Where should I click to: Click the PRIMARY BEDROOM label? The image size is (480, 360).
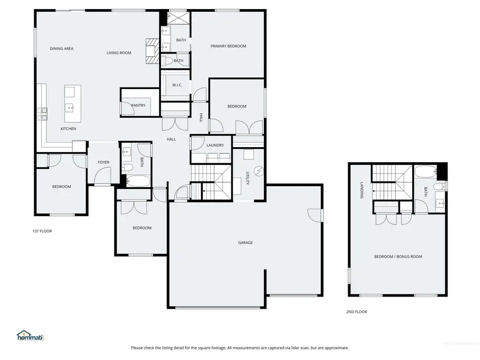[x=228, y=46]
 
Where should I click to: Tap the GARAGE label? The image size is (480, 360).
[x=245, y=243]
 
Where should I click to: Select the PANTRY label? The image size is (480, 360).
[x=138, y=106]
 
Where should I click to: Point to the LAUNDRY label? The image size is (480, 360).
[x=207, y=145]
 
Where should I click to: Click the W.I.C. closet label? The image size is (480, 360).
[x=177, y=85]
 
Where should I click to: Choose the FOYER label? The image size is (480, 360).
[x=103, y=162]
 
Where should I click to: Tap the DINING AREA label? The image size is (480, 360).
[x=61, y=49]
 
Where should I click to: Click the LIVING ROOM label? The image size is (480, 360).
[x=118, y=53]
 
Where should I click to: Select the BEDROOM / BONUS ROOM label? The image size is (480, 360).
[x=398, y=257]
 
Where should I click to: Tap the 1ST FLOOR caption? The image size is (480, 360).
[x=42, y=231]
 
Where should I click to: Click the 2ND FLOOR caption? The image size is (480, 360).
[x=357, y=312]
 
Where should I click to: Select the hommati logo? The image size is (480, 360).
[x=30, y=336]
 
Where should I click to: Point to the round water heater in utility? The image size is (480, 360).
[x=259, y=171]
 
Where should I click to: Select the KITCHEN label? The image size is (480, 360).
[x=68, y=129]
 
